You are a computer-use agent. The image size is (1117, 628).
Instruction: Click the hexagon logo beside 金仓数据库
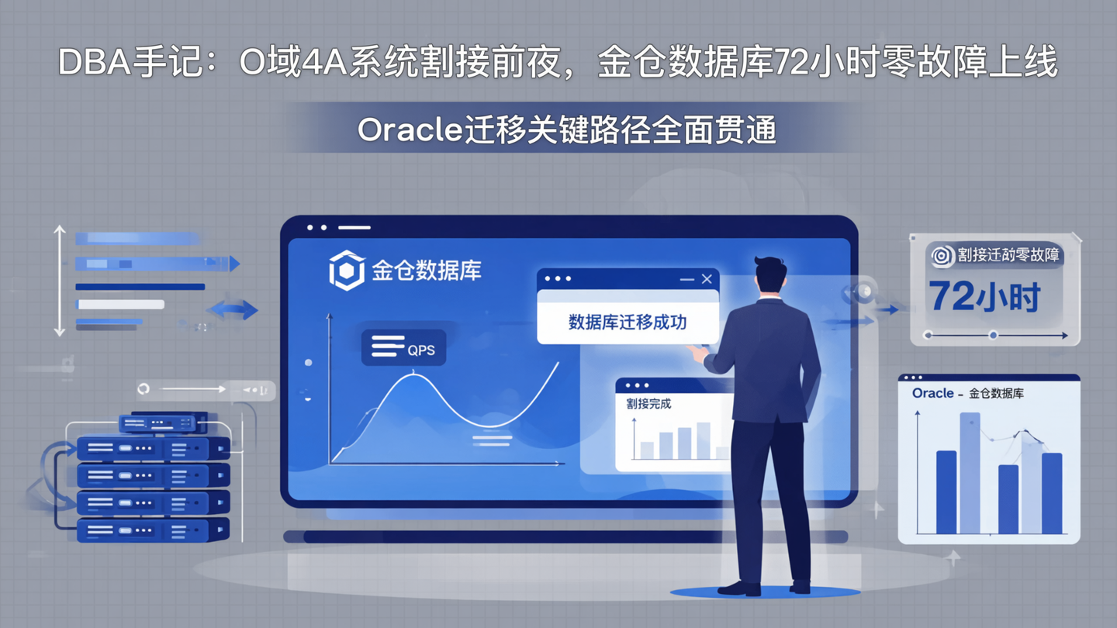pos(346,271)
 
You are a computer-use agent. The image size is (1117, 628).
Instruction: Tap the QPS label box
pos(403,348)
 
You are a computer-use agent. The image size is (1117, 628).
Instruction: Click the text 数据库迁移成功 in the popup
pos(627,323)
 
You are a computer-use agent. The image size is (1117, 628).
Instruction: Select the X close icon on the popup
pos(707,279)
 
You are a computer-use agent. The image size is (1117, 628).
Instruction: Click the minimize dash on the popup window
pos(686,279)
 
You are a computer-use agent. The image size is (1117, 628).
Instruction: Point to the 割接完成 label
pos(648,404)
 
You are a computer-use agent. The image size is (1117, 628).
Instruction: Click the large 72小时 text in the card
pos(984,297)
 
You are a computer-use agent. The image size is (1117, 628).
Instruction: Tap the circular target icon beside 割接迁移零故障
pos(942,256)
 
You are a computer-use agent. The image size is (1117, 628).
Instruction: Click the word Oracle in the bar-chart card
pos(932,393)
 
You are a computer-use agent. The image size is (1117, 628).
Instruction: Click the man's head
pos(770,276)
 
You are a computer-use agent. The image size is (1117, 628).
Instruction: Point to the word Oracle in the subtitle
pos(410,130)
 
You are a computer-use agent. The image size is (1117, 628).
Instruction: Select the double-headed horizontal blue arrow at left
pos(233,310)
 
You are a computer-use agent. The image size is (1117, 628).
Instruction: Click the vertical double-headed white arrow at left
pos(60,281)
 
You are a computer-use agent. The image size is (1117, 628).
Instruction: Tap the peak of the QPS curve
pos(413,375)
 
